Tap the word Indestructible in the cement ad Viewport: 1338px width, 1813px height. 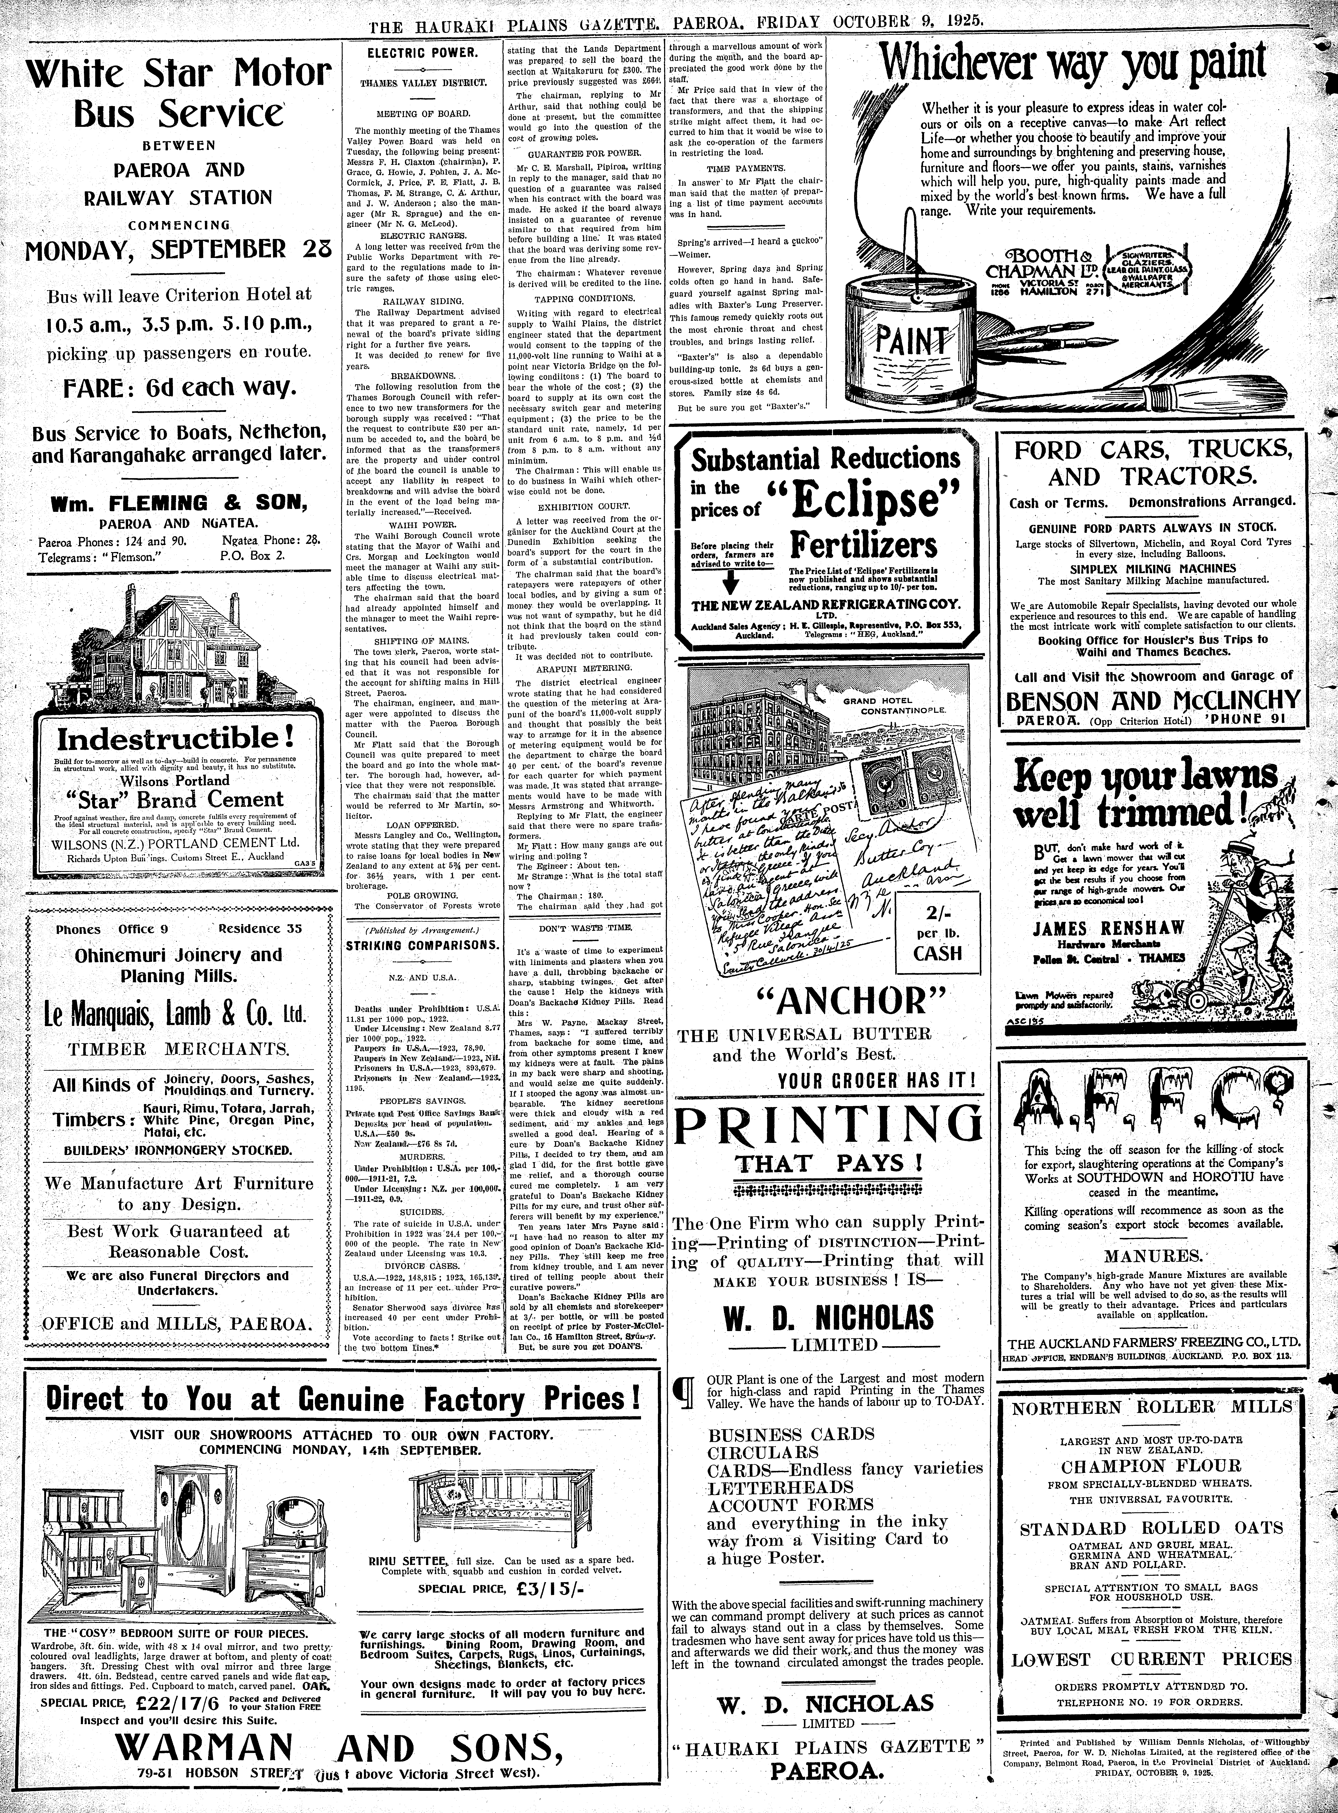[175, 738]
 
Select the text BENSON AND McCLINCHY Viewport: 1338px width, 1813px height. [1152, 701]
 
